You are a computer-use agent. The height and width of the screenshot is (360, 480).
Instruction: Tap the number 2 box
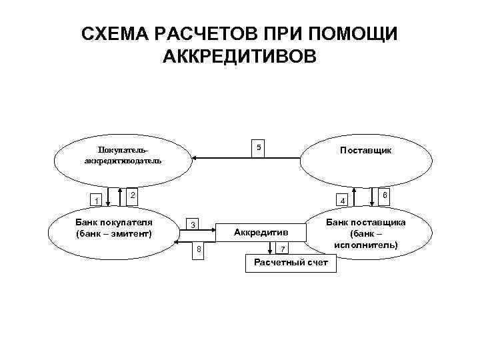click(x=133, y=195)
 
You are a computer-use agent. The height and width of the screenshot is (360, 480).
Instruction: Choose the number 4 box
click(x=343, y=201)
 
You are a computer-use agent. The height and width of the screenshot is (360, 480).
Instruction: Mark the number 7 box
click(x=283, y=249)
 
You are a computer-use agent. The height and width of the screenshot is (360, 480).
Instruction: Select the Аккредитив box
click(x=261, y=232)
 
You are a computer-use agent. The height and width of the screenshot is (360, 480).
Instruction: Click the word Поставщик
click(x=365, y=151)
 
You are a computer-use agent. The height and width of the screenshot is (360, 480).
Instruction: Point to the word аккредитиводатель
click(x=123, y=161)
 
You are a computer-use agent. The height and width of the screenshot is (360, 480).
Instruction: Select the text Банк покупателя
click(x=114, y=222)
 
